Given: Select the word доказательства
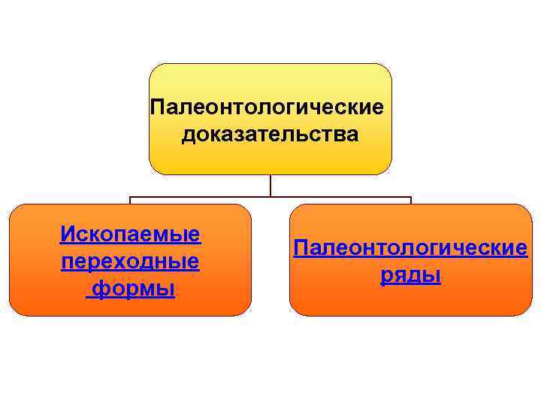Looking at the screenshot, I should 270,136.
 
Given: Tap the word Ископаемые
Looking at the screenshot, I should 130,234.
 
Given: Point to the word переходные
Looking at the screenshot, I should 130,262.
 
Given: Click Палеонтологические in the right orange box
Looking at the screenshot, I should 410,247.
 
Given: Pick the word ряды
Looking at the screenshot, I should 410,276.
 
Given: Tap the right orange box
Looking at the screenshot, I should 410,301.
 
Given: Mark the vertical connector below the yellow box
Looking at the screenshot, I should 270,186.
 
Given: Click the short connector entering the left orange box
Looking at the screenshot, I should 130,201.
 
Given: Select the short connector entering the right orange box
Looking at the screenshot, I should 410,201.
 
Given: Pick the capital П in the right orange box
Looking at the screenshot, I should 300,247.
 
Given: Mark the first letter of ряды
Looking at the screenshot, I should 385,277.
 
